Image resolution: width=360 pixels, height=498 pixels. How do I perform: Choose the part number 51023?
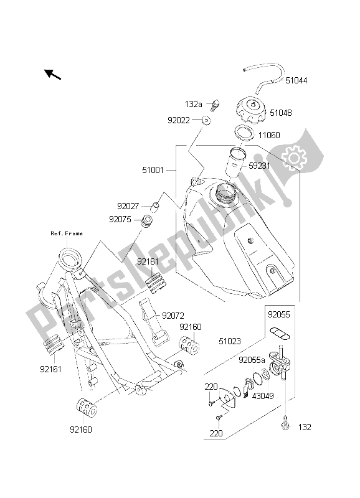[232, 341]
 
